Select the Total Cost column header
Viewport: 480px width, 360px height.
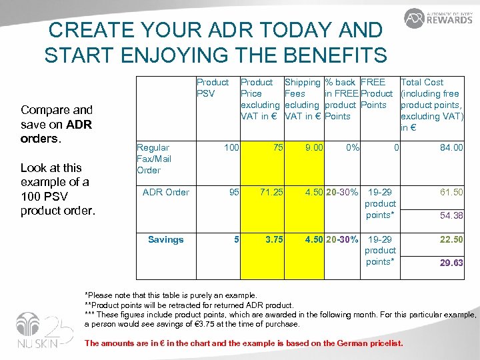(431, 105)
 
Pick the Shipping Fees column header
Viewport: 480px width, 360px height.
(303, 99)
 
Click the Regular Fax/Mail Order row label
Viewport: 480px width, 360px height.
(153, 159)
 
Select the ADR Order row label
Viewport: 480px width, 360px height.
(166, 192)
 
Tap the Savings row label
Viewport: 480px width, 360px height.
(165, 239)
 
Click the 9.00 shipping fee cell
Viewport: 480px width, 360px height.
(314, 147)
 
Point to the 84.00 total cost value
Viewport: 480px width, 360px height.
(451, 147)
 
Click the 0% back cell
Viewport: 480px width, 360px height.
(351, 147)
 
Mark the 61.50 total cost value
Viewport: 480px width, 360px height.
(451, 192)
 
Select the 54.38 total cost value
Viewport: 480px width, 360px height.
(451, 215)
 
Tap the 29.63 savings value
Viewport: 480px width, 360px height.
(451, 263)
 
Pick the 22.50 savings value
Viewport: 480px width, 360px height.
(451, 239)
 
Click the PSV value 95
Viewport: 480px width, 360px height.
(233, 192)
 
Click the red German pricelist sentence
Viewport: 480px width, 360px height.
(243, 343)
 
